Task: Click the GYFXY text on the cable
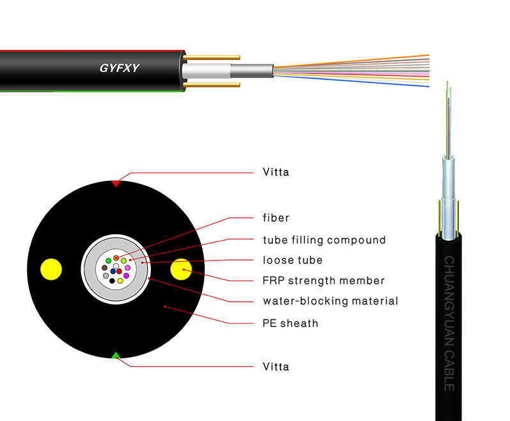(120, 68)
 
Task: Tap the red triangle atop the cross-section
(116, 184)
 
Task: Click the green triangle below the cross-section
(116, 355)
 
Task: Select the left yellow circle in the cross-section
(51, 269)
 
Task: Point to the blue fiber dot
(113, 271)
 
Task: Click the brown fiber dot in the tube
(104, 268)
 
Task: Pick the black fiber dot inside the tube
(112, 280)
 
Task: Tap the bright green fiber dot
(109, 261)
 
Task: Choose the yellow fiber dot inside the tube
(120, 280)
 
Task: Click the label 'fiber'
(276, 217)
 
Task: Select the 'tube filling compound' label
(324, 240)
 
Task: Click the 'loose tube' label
(293, 260)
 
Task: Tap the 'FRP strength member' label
(323, 280)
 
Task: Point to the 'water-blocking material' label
(330, 301)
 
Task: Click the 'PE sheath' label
(290, 323)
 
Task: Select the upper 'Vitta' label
(276, 172)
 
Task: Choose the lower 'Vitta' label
(276, 367)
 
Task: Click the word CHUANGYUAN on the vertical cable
(449, 301)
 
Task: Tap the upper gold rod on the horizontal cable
(212, 57)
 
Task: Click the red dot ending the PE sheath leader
(165, 307)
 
